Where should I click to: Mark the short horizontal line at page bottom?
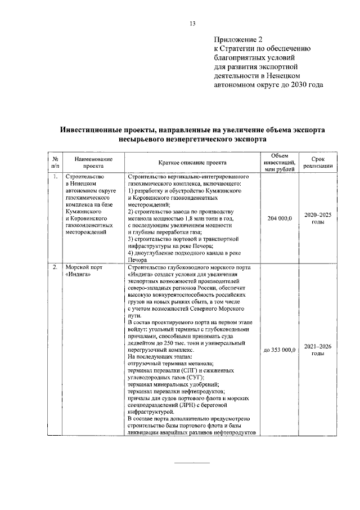pyautogui.click(x=193, y=463)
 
